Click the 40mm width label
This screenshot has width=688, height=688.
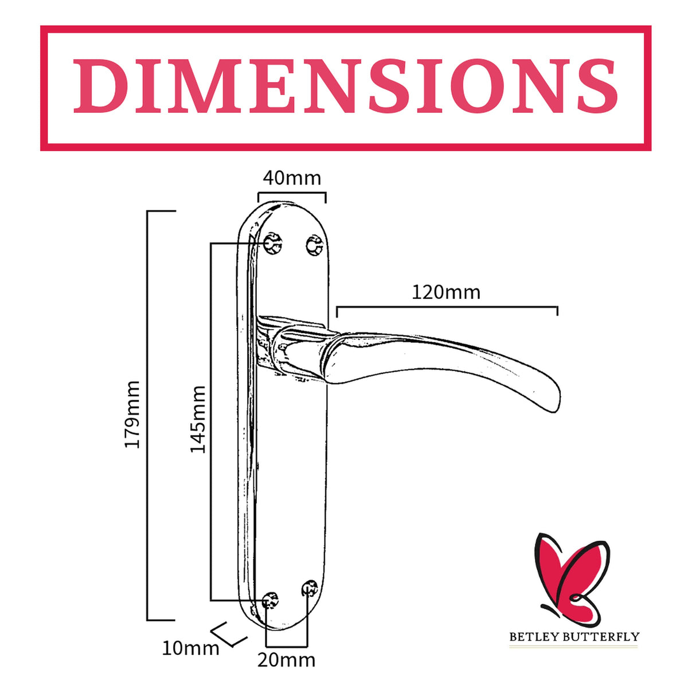[292, 178]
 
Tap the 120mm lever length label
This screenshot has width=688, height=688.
[446, 292]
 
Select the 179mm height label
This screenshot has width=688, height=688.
[132, 414]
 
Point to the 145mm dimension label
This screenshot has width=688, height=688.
[198, 419]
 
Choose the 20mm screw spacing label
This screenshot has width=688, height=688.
[286, 660]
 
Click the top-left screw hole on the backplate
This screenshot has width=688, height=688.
[272, 244]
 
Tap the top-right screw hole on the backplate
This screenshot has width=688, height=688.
[315, 245]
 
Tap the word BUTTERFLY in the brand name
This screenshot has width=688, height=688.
[594, 637]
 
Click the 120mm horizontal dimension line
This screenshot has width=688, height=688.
[447, 307]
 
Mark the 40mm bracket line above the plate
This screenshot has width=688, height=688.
[292, 193]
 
